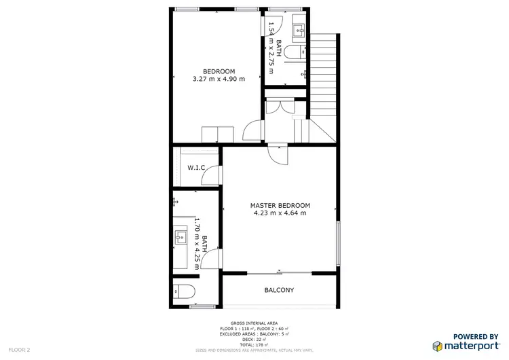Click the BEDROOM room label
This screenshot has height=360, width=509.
[219, 71]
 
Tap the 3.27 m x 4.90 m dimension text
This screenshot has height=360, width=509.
[219, 79]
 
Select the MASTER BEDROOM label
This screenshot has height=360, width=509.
[280, 205]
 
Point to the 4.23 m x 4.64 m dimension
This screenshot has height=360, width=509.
[280, 213]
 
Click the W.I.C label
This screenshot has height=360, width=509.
[196, 167]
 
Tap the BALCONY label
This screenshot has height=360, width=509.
[279, 291]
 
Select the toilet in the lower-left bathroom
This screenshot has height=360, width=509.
[185, 292]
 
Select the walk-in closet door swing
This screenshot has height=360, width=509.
[212, 175]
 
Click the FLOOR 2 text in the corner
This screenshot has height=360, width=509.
[18, 350]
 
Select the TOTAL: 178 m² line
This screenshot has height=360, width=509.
[254, 345]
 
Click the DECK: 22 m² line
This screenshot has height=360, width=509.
[254, 340]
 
